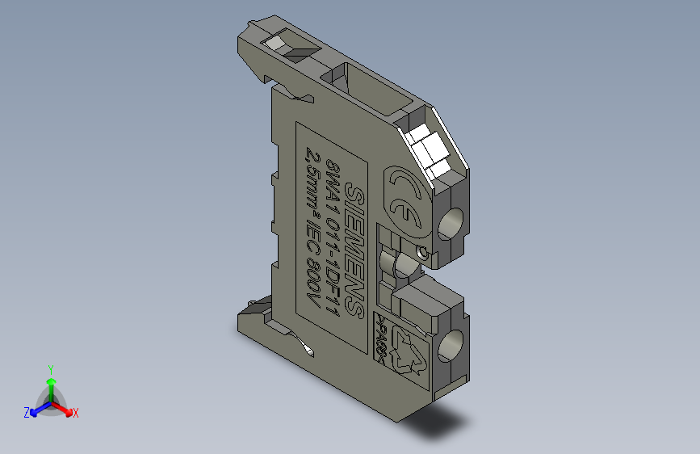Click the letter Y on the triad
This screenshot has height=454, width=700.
[51, 368]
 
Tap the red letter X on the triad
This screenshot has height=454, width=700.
[75, 413]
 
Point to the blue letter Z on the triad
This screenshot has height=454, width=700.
[26, 412]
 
